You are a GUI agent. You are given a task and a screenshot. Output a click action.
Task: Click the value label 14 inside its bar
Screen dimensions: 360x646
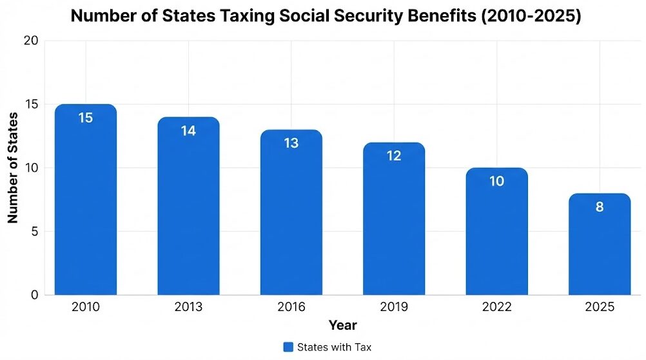pos(188,130)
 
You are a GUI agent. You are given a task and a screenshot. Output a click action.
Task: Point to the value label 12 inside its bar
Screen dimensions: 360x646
pos(394,156)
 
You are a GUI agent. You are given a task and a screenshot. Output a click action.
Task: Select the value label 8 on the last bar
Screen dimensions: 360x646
pos(600,207)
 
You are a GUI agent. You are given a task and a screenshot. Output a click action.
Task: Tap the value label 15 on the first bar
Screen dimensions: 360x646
pos(86,118)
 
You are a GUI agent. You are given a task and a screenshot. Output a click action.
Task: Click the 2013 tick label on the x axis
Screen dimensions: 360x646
pos(188,307)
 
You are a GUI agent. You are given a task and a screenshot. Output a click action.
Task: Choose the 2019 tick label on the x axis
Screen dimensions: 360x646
pos(394,307)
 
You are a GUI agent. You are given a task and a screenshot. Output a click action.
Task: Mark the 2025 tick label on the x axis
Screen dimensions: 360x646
pos(600,307)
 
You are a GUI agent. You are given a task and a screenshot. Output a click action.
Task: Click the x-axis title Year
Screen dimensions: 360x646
pos(342,325)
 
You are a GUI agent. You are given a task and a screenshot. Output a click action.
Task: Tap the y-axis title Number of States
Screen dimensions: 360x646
pos(13,168)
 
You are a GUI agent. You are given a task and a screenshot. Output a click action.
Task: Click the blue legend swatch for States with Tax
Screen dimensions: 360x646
pos(288,347)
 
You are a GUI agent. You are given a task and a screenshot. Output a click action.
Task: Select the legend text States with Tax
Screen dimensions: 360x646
pos(334,347)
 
